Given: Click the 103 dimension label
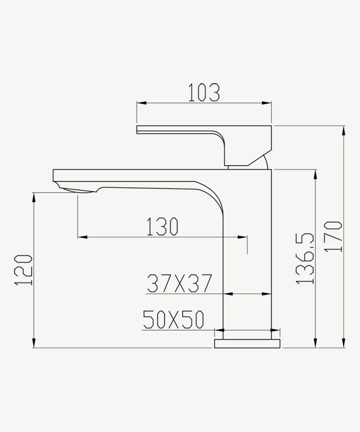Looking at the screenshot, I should (x=204, y=92).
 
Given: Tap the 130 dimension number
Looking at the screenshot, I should (x=162, y=227).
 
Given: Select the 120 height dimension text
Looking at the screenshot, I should (x=24, y=270).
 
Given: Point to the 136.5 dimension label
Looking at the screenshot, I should (x=305, y=259).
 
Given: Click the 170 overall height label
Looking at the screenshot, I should (x=334, y=237).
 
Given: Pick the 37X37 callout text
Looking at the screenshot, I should (x=179, y=284).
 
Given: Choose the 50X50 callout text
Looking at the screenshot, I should (x=173, y=320).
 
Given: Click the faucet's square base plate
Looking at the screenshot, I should (x=247, y=343).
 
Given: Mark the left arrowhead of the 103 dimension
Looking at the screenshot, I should (x=139, y=104).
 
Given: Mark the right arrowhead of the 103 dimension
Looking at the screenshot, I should (x=269, y=104).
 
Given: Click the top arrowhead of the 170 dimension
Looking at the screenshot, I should (x=344, y=129).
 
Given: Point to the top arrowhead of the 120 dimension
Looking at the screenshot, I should (x=34, y=195).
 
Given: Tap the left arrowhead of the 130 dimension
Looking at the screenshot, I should (x=81, y=238).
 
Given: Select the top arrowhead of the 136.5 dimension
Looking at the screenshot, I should (x=316, y=172).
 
